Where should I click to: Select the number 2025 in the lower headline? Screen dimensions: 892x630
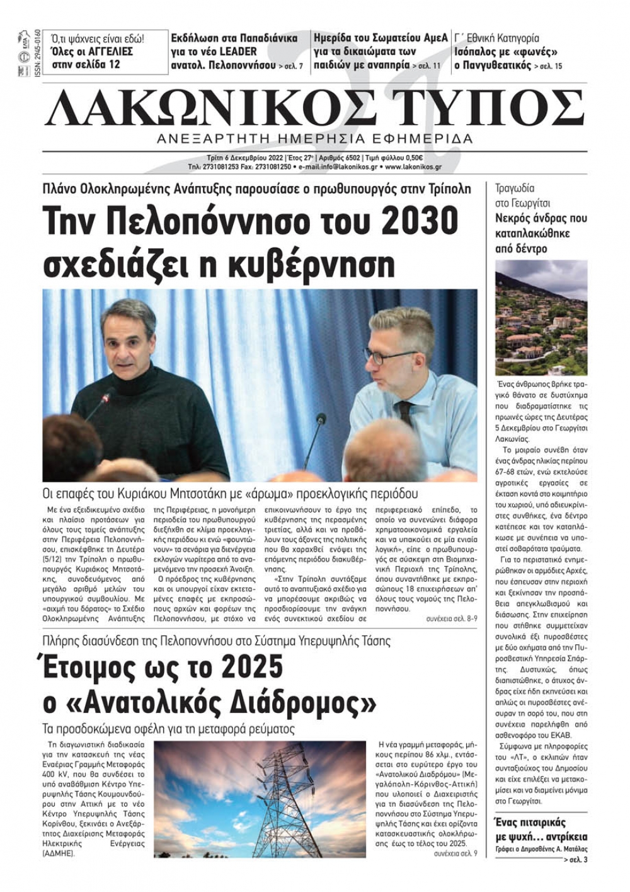[246, 669]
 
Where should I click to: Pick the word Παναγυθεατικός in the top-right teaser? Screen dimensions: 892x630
[493, 65]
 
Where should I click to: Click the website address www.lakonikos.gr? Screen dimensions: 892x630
[413, 167]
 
